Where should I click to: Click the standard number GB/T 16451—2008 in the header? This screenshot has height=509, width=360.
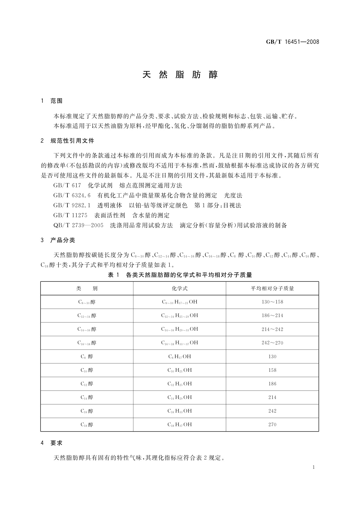292,42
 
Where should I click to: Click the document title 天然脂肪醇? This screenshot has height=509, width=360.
180,75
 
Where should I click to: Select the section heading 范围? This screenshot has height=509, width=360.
57,101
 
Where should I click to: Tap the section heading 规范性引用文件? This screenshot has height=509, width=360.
72,141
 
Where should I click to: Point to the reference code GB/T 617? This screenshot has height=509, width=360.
67,185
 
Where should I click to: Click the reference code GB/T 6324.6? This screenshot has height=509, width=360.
72,196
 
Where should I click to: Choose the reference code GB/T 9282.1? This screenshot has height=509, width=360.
72,206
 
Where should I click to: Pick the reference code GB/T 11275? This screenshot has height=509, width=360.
70,216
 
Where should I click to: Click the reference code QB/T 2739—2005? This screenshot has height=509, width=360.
78,225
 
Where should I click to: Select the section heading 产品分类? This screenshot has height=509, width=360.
63,240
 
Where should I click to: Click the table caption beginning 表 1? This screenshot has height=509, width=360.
180,275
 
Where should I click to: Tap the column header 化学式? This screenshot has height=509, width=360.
180,288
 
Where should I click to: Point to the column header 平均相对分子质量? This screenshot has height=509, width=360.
272,288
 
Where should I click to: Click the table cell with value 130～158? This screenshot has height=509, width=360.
272,302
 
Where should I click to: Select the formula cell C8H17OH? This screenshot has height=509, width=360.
180,357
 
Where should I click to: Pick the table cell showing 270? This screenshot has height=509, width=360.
272,425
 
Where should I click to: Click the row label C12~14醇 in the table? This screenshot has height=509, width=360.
87,316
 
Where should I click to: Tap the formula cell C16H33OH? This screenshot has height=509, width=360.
180,411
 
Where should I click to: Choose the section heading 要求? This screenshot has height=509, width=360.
57,443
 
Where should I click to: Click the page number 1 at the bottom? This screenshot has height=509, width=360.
313,467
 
